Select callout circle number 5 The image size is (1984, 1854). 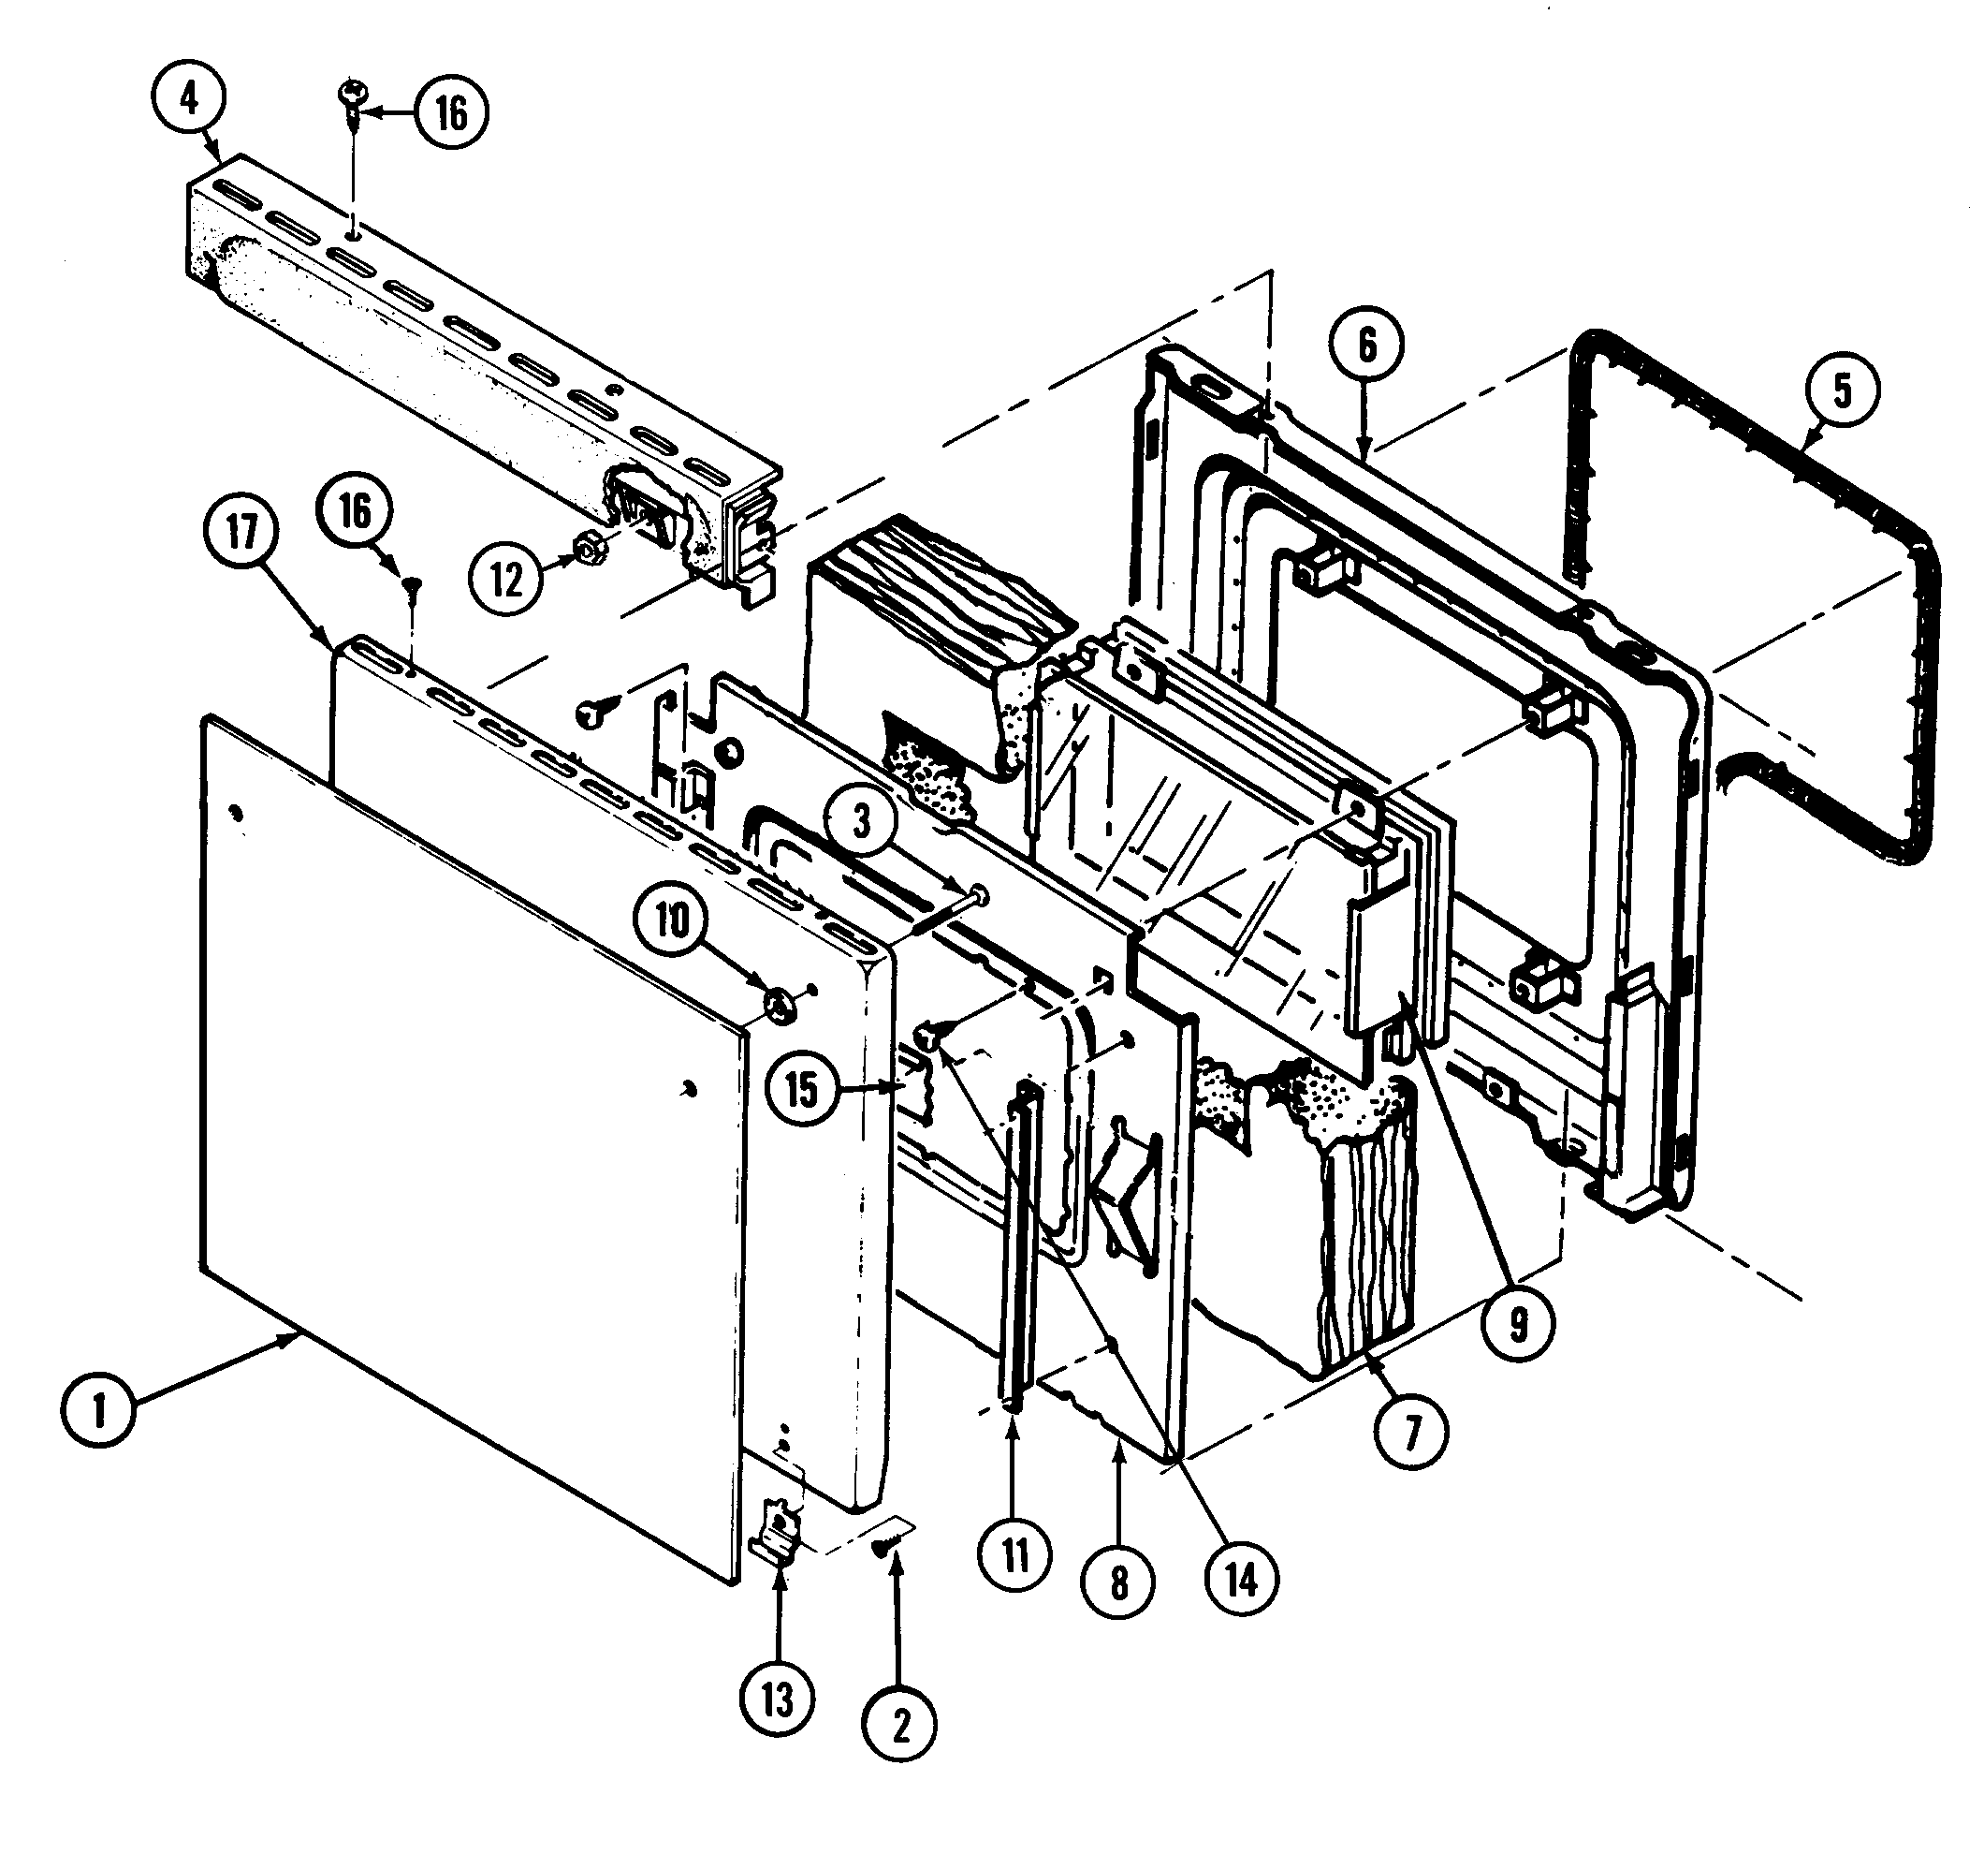coord(1842,390)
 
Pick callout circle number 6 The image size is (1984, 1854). coord(1366,346)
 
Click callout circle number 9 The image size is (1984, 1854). coord(1517,1324)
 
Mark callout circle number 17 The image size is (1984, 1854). coord(242,531)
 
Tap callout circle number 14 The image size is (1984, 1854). coord(1242,1580)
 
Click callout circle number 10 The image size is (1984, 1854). coord(672,920)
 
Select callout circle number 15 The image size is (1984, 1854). coord(802,1089)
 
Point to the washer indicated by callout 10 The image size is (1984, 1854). coord(780,1004)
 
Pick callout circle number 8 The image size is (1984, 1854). coord(1118,1582)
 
